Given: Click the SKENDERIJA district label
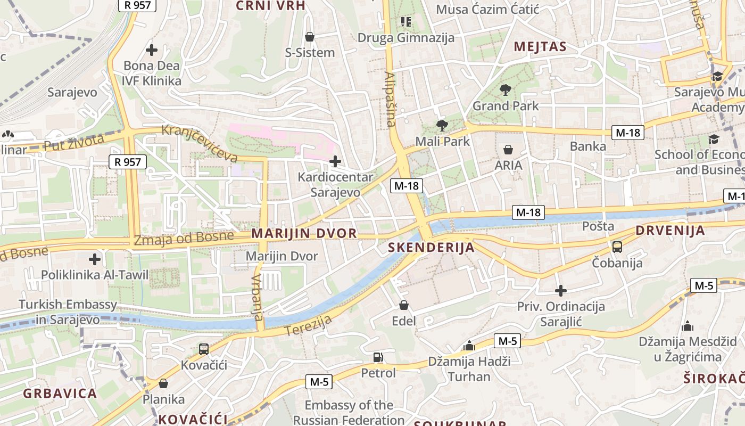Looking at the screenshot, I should click(431, 248).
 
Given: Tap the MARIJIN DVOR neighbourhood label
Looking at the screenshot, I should click(304, 234).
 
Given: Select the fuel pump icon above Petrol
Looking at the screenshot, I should click(378, 357).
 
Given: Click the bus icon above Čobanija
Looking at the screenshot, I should click(617, 247).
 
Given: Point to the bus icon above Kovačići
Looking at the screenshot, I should click(204, 349).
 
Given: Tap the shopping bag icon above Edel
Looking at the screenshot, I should click(404, 305).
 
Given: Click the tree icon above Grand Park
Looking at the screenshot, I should click(506, 90).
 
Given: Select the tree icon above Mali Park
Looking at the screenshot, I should click(442, 126).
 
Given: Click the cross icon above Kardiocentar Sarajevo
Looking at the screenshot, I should click(335, 161).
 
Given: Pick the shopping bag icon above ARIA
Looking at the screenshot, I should click(508, 150).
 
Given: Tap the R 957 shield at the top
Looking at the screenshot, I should click(137, 5).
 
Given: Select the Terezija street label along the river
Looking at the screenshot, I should click(308, 325).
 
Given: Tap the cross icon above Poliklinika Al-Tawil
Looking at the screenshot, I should click(95, 259).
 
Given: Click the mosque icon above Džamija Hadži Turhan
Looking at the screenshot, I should click(469, 346).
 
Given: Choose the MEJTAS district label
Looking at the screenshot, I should click(540, 47).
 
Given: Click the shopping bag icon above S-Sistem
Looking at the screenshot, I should click(310, 37).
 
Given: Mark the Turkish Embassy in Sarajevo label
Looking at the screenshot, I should click(68, 312).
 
